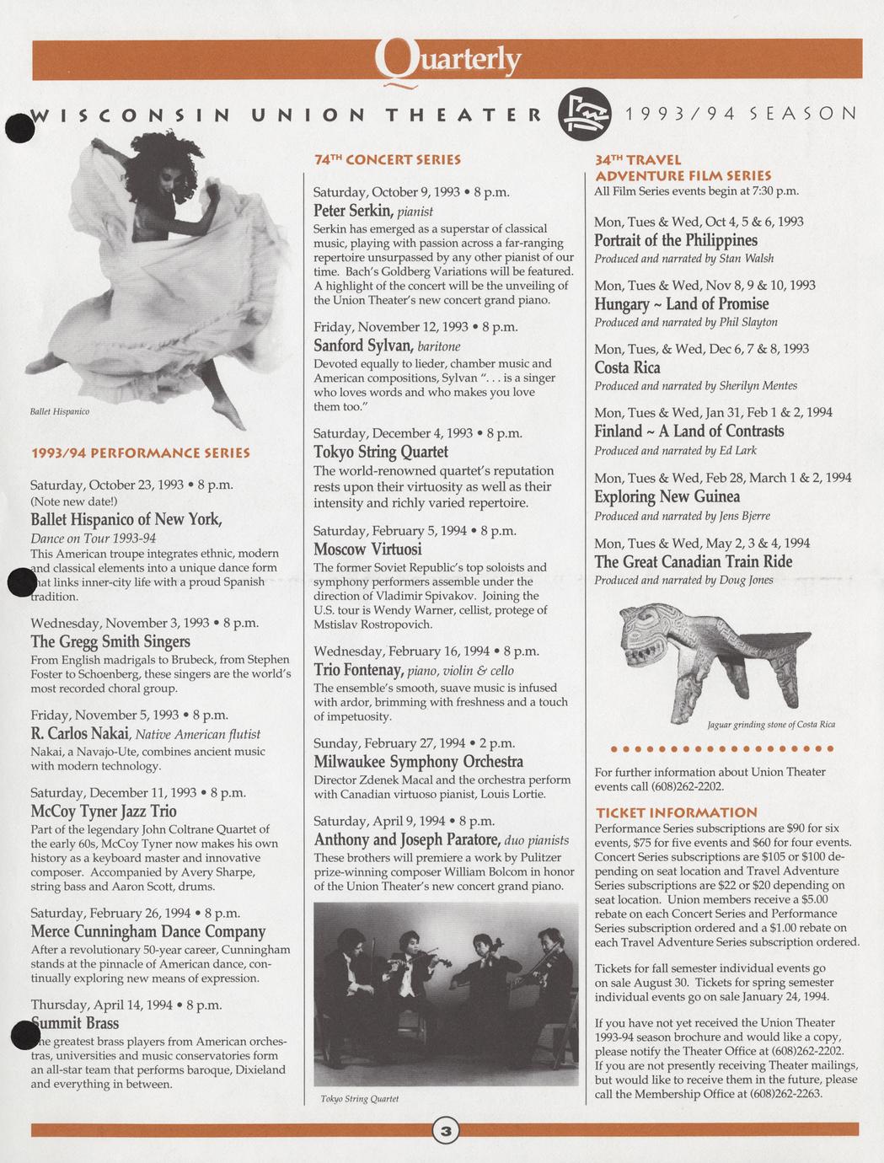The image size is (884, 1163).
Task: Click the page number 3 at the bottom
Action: click(x=446, y=1130)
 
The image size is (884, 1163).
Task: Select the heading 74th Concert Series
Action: click(x=388, y=158)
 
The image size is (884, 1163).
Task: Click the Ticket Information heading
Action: click(x=676, y=812)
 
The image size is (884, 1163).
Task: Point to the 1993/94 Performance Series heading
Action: click(x=140, y=453)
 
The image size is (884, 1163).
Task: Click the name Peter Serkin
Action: click(x=349, y=210)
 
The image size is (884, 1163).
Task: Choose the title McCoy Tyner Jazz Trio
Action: click(x=104, y=811)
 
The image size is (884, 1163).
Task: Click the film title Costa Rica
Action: click(x=627, y=367)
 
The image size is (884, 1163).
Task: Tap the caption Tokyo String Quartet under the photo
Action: click(x=359, y=1098)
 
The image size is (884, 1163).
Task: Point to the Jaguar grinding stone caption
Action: click(x=771, y=724)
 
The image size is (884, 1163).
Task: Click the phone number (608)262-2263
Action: click(x=785, y=1094)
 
